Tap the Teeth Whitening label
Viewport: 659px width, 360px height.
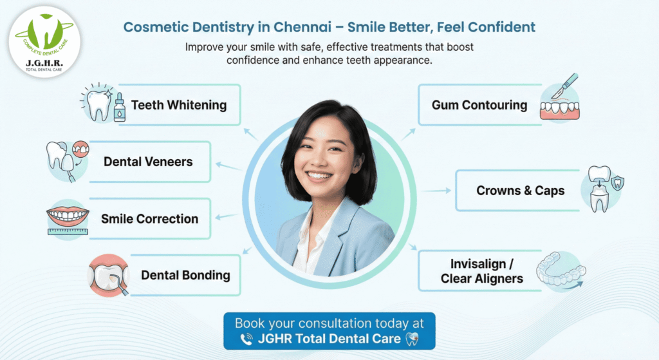pyautogui.click(x=179, y=104)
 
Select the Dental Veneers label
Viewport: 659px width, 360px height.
pyautogui.click(x=148, y=161)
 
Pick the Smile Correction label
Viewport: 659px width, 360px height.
pyautogui.click(x=149, y=218)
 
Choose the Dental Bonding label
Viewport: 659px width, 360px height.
pyautogui.click(x=185, y=275)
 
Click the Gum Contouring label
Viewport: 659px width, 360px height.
pyautogui.click(x=479, y=104)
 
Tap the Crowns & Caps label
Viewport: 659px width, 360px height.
pyautogui.click(x=520, y=190)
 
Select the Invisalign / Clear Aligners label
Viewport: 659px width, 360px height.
pyautogui.click(x=482, y=271)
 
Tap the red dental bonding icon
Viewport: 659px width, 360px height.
pyautogui.click(x=108, y=275)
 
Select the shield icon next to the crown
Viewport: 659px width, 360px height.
pyautogui.click(x=617, y=183)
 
